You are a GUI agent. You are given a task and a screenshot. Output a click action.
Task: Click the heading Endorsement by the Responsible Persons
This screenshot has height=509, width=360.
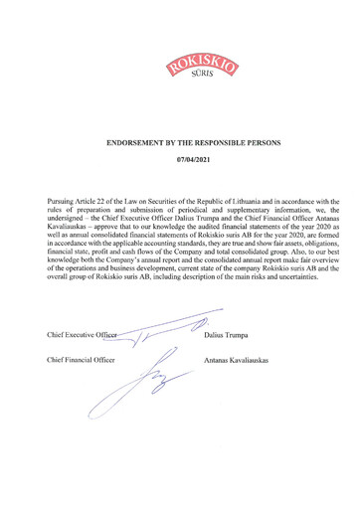click(179, 142)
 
